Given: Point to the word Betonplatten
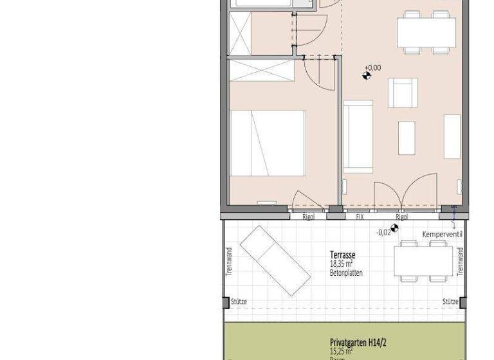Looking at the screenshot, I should coord(346,273).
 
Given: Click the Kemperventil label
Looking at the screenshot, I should coord(442,235).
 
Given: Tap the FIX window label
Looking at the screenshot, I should coord(360,217).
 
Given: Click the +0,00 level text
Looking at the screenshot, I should coord(372,67).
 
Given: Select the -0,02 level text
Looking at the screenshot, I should coord(383,232).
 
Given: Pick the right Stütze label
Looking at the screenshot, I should coord(449,301).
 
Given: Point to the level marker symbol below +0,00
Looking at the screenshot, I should coord(367,76).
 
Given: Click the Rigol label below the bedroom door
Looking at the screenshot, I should coord(308,217).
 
